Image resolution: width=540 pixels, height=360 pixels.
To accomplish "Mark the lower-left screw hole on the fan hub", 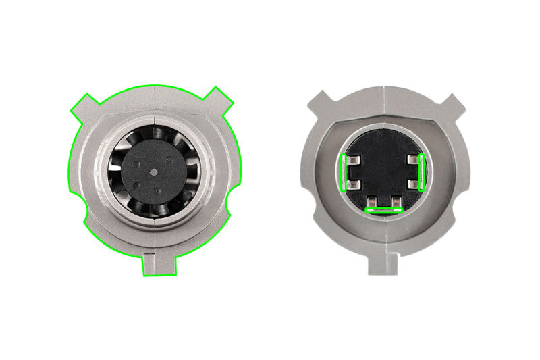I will click(138, 182).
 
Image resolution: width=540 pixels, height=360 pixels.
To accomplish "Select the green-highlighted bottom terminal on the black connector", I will click(383, 210).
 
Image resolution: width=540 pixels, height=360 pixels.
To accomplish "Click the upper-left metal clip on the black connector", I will click(354, 161).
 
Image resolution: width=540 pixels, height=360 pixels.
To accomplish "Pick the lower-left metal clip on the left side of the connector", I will click(354, 184).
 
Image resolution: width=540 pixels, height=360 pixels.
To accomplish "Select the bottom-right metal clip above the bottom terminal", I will click(394, 201).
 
